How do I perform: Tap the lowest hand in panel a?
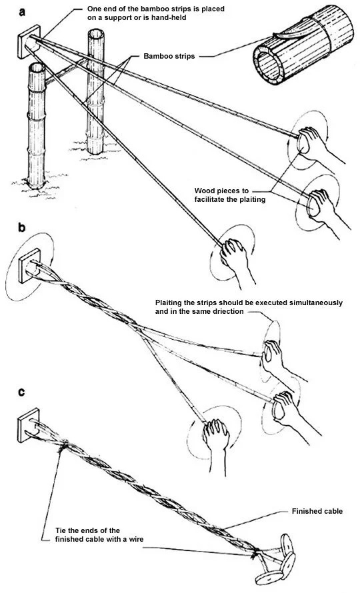236,253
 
